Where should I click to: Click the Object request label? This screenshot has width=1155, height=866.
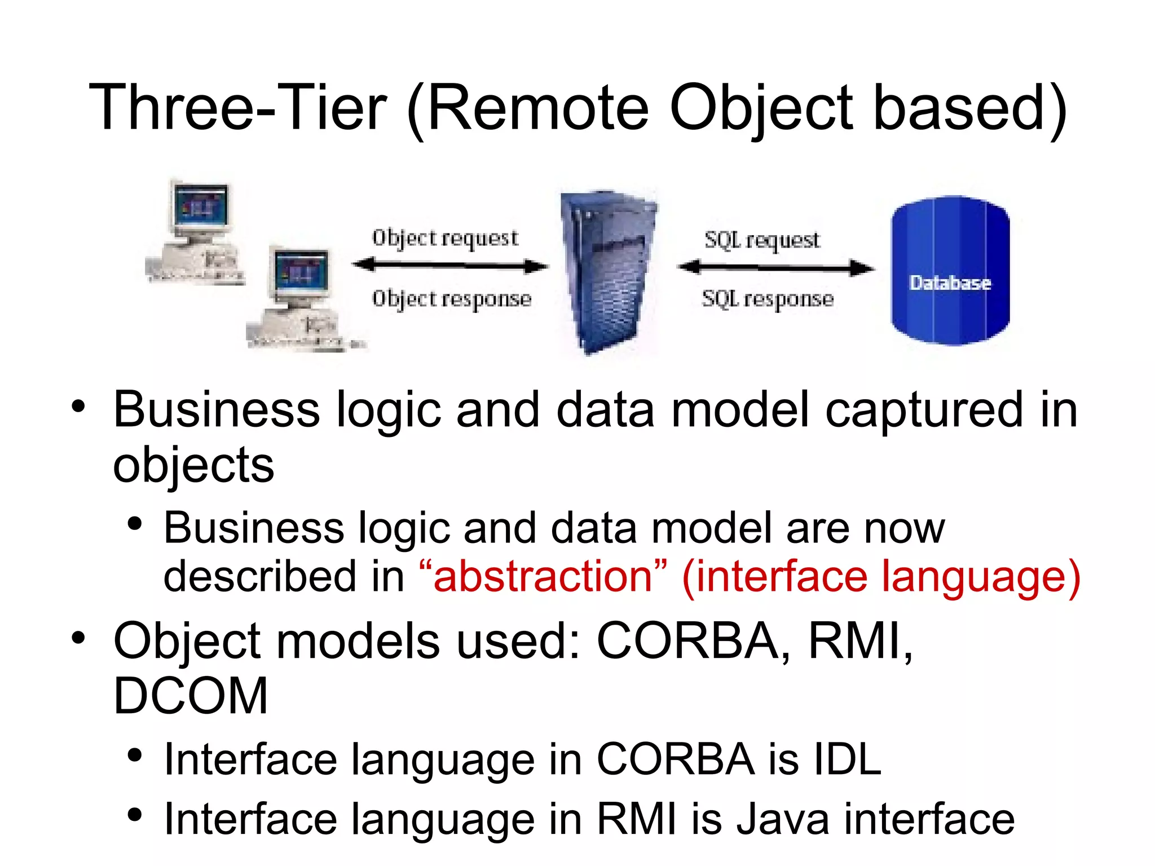coord(445,238)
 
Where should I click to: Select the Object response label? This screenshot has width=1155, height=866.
coord(452,299)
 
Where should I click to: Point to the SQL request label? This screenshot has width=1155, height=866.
coord(762,240)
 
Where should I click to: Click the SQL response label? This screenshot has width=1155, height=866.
coord(768,299)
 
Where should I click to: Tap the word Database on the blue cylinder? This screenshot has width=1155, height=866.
coord(950,282)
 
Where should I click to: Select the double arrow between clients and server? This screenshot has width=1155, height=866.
coord(449,265)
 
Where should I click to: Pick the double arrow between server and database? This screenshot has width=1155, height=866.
coord(775,268)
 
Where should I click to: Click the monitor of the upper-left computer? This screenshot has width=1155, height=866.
coord(200,206)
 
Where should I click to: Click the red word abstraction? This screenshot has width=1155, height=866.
coord(543,576)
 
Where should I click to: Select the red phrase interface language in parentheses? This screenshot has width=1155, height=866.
coord(881,576)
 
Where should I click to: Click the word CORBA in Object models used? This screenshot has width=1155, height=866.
coord(687,640)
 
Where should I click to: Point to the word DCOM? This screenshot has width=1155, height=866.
coord(191,696)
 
